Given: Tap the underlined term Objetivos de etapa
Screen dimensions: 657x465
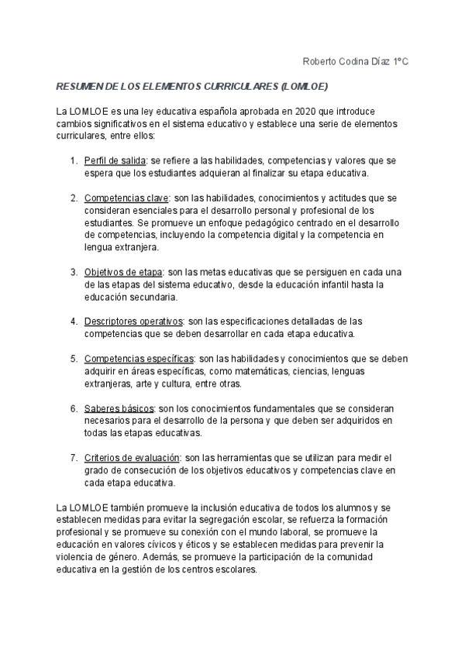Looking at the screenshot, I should point(122,272).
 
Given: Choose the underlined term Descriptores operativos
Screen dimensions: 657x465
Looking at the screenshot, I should point(133,321).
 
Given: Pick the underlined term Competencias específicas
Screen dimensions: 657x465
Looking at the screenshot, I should point(139,359).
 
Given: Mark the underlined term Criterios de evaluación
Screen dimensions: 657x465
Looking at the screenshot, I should point(132,457).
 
